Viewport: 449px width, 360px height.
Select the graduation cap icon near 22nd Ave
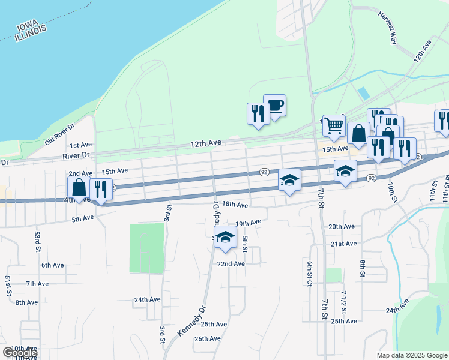tap(225, 238)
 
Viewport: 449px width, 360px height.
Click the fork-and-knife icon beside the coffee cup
tap(258, 113)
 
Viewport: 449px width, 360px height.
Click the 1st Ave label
tap(80, 145)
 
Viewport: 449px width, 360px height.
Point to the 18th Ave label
tap(235, 205)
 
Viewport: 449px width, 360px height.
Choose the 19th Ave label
tap(249, 223)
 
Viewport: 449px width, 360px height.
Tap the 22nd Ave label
tap(231, 264)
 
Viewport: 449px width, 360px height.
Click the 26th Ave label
tap(208, 338)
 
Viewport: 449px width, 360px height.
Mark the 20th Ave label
tap(342, 227)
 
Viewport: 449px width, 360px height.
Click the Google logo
tap(20, 353)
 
